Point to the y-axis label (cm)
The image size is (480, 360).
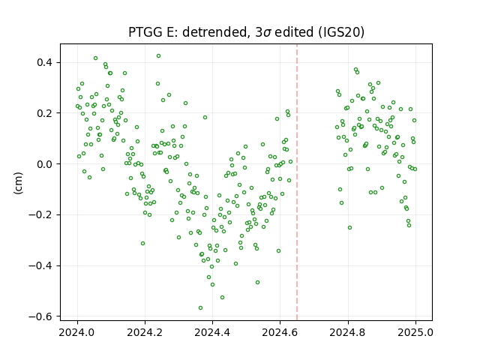click(18, 183)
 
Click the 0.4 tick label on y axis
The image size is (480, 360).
click(45, 62)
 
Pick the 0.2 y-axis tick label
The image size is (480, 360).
click(45, 113)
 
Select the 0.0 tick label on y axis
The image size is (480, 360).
click(45, 164)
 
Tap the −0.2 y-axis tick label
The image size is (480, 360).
click(40, 215)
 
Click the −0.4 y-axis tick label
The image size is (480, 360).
click(40, 265)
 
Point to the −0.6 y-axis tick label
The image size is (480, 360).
click(40, 316)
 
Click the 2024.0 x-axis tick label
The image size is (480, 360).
click(76, 332)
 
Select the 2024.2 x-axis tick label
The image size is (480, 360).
click(145, 332)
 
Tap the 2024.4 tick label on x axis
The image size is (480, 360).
click(212, 332)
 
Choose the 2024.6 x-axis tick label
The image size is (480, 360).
click(280, 332)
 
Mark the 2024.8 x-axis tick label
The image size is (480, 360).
click(347, 332)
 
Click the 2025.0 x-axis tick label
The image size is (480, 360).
click(415, 332)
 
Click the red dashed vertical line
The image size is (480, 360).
click(297, 182)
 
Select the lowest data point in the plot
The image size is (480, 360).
click(200, 307)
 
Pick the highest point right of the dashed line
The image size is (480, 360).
click(355, 70)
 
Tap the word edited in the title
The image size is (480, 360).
click(294, 32)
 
